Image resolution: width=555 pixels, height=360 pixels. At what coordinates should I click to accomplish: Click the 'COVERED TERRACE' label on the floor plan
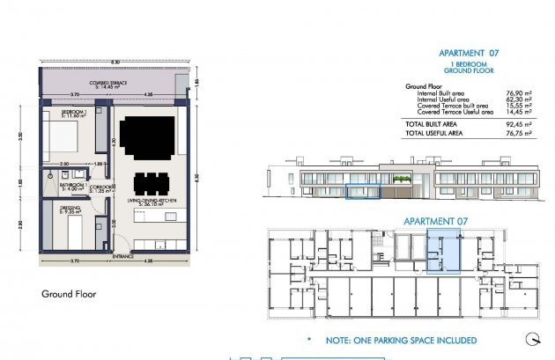click(x=113, y=84)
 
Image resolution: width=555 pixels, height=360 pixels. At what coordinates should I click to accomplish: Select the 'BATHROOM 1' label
click(x=71, y=186)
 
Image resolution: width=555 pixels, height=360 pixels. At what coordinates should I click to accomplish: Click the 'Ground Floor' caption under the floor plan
click(x=69, y=294)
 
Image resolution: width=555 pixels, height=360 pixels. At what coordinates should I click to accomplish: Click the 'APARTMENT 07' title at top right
click(x=475, y=53)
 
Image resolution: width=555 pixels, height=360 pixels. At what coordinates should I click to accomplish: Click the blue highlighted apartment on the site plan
click(x=443, y=251)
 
